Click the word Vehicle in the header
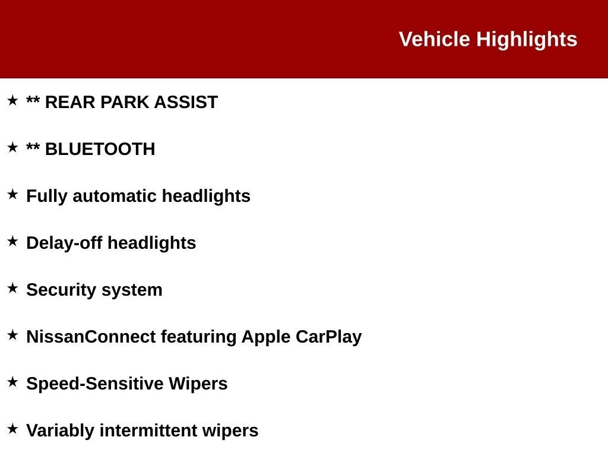coord(434,39)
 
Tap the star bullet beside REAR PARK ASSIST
coord(12,100)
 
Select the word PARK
coord(125,102)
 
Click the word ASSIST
coord(186,102)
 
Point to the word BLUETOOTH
coord(100,149)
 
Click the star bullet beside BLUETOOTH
coord(12,147)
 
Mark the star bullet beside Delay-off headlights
coord(12,241)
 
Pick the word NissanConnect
coord(91,337)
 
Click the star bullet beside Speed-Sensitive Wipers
coord(12,382)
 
